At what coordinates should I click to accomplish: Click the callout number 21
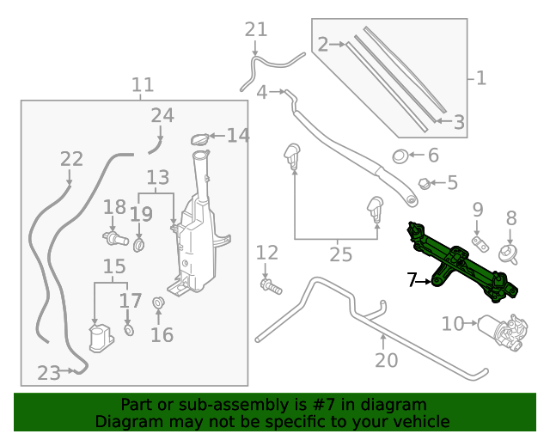256,30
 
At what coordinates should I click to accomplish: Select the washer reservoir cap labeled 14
199,139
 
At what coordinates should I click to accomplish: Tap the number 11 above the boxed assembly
143,85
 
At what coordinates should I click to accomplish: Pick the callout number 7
412,279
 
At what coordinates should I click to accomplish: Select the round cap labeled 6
400,156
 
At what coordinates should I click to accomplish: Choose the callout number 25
341,254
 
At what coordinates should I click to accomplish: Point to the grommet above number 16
158,302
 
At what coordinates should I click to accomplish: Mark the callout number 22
71,159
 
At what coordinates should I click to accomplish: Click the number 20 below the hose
386,360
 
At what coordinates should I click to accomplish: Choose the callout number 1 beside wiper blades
481,78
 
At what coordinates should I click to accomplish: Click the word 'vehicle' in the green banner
421,421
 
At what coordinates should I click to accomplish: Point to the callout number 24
162,115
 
